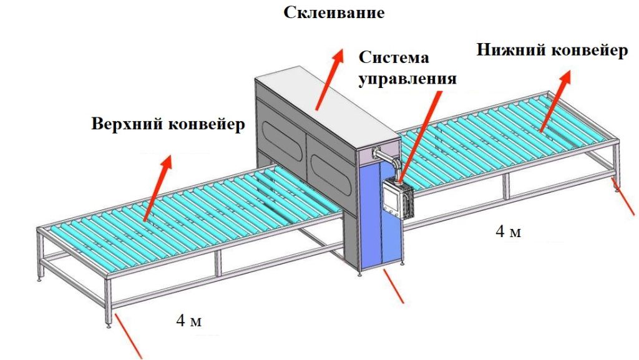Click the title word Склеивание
(x=334, y=12)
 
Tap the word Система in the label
(x=394, y=57)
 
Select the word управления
(x=407, y=78)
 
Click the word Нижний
(x=511, y=51)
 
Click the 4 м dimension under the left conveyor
(x=188, y=321)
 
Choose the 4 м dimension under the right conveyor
(x=508, y=231)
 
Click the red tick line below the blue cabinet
(x=394, y=286)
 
